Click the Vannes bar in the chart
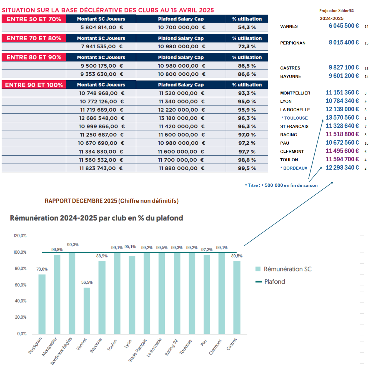click(x=87, y=311)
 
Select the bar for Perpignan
click(x=42, y=304)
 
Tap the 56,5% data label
click(x=87, y=283)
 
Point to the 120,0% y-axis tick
click(x=20, y=236)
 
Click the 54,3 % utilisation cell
click(x=247, y=27)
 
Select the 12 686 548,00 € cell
click(x=101, y=118)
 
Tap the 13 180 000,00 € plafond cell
click(x=181, y=118)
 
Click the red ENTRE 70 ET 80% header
click(x=34, y=38)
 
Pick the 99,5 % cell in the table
click(x=247, y=168)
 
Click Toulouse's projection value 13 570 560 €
click(x=342, y=118)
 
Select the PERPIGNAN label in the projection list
click(x=293, y=43)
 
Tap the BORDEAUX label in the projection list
click(x=295, y=168)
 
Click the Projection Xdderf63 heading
click(x=336, y=11)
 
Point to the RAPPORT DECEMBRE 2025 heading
click(x=112, y=201)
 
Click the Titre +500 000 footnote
click(x=281, y=185)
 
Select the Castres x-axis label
click(x=232, y=344)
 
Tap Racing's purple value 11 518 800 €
click(x=342, y=134)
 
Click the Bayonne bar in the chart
click(x=102, y=297)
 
